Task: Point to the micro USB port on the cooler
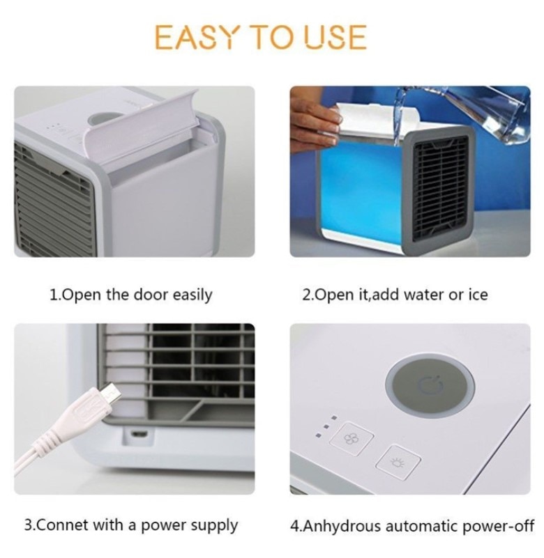pyautogui.click(x=139, y=435)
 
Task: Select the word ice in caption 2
pyautogui.click(x=477, y=295)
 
